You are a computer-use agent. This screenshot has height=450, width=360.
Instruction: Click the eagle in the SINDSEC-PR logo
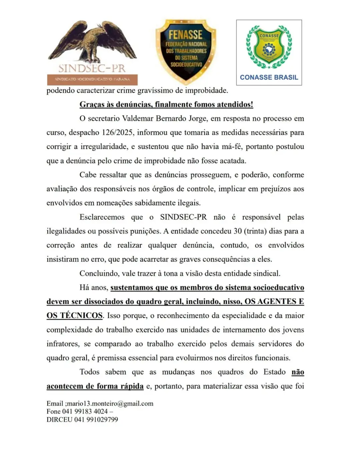pos(92,42)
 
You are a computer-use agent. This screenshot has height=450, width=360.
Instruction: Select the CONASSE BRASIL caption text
pos(269,77)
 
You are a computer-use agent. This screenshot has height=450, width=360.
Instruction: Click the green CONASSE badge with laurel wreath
pos(269,47)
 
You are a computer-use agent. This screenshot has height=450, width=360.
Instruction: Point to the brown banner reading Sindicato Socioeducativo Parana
pos(92,79)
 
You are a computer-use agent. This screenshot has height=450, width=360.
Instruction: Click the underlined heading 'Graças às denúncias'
pos(166,104)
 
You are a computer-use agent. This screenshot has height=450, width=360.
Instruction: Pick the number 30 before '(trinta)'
pos(237,231)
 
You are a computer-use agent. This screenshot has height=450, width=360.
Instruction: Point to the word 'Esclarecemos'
pos(102,217)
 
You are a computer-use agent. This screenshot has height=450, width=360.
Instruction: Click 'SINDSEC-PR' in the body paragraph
pos(183,217)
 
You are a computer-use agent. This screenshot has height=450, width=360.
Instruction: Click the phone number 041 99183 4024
pos(85,412)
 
